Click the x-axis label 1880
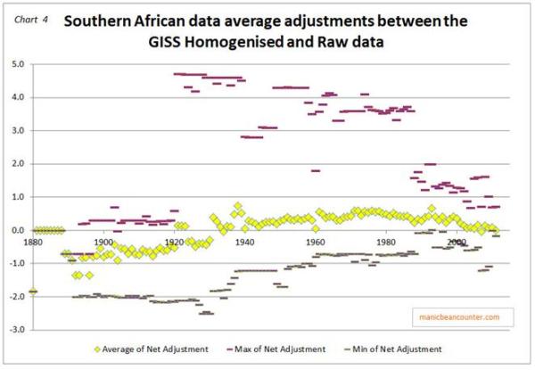[x=32, y=242]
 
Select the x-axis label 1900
[x=103, y=242]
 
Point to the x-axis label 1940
[x=244, y=242]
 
